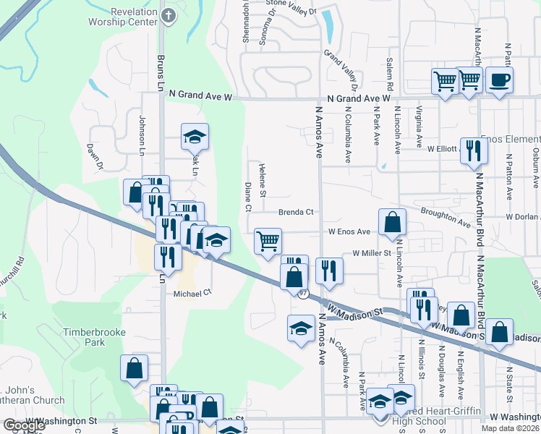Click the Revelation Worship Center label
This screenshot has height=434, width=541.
(x=134, y=17)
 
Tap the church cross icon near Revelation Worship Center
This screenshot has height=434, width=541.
(x=168, y=14)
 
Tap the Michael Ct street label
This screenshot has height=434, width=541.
(x=192, y=294)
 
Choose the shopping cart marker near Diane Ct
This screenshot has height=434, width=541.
(x=268, y=241)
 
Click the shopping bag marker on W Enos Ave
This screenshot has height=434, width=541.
(x=391, y=223)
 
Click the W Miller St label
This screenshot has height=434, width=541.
(x=372, y=253)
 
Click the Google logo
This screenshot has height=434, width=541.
(x=24, y=425)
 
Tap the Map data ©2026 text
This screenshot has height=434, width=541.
(x=510, y=427)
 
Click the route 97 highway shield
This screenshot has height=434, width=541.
(x=304, y=294)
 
